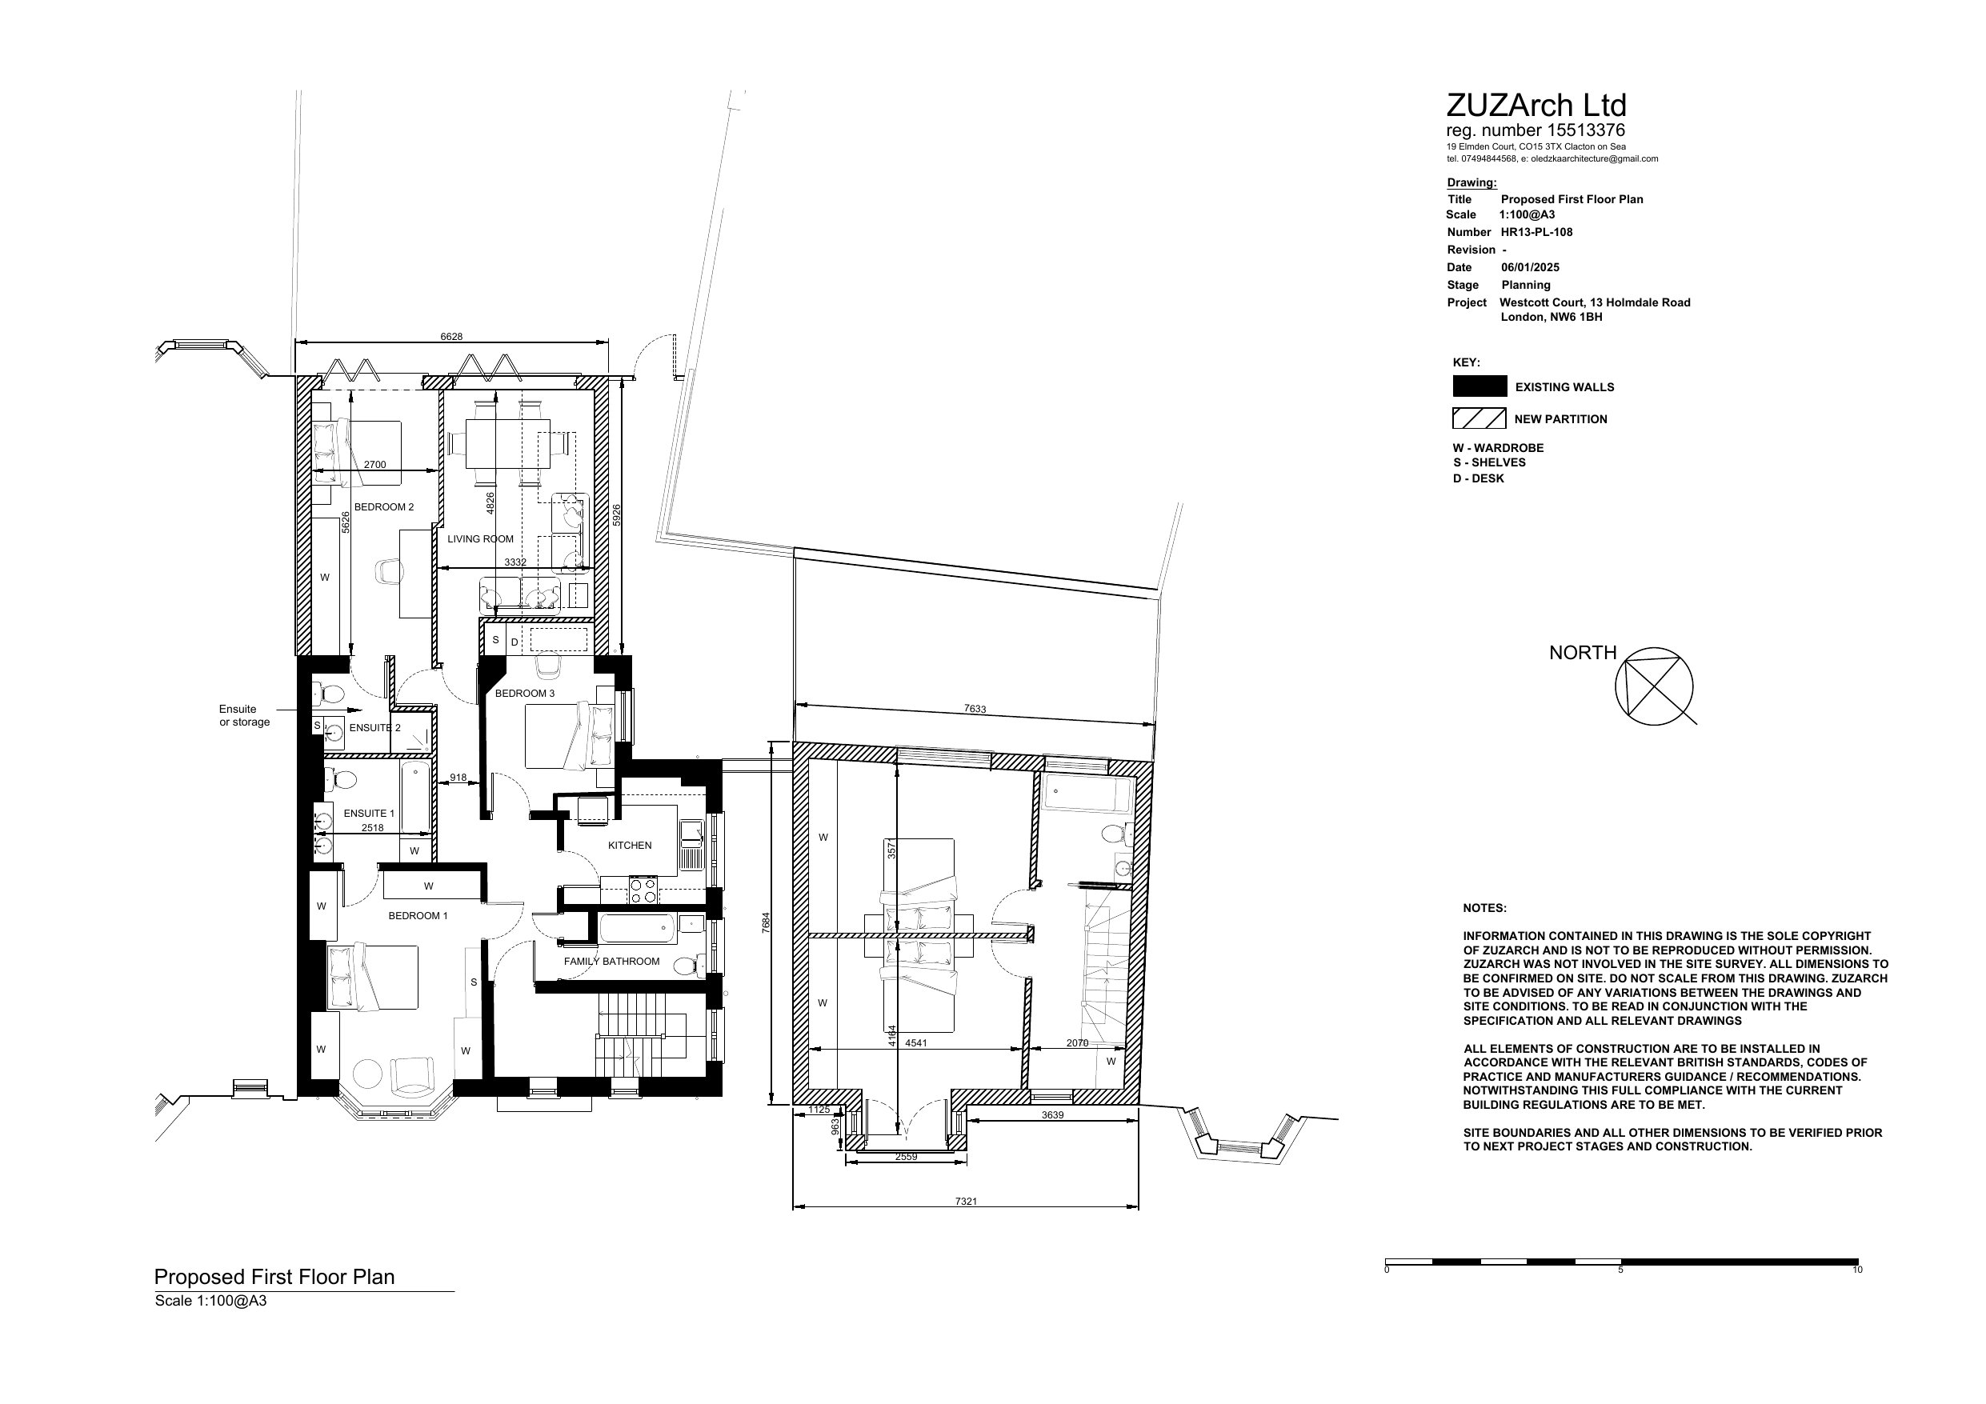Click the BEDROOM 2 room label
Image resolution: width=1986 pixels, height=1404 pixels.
tap(384, 507)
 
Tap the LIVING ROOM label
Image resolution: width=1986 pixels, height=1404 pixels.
tap(480, 539)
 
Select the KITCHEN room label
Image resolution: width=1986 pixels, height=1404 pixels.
tap(630, 845)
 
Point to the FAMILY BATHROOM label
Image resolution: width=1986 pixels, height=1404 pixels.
tap(611, 961)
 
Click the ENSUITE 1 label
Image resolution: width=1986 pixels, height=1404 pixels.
tap(369, 813)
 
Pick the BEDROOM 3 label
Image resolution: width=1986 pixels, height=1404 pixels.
tap(524, 693)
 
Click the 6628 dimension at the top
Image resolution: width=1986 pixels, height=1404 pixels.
tap(451, 337)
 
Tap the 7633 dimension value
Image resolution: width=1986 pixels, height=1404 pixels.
tap(975, 710)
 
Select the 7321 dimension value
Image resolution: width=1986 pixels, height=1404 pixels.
tap(966, 1201)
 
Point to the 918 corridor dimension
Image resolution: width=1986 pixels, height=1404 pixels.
tap(458, 778)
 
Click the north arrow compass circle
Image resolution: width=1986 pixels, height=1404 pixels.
tap(1654, 686)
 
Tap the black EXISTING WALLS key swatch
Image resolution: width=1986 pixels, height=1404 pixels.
tap(1480, 386)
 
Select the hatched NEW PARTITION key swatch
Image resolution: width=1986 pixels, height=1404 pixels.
tap(1479, 418)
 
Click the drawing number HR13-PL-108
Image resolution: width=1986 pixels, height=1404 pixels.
tap(1537, 232)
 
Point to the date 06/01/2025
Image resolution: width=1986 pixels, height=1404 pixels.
tap(1530, 267)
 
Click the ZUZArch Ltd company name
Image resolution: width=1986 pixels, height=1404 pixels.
tap(1536, 106)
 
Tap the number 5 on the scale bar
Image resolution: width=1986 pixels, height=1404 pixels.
tap(1620, 1270)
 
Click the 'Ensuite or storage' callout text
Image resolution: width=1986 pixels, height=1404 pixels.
tap(244, 715)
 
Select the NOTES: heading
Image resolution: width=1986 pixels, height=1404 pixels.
tap(1484, 908)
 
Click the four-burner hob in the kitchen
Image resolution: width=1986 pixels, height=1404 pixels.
tap(643, 890)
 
